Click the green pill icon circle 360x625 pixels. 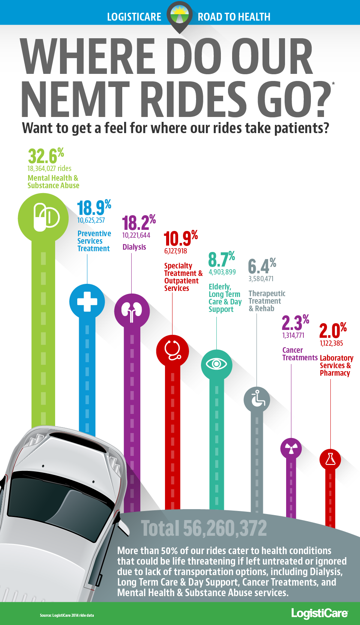(43, 217)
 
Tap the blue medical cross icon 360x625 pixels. (87, 301)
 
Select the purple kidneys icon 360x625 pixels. (132, 311)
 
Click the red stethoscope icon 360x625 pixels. (172, 351)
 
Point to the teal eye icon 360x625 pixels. (216, 364)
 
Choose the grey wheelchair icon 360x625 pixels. (257, 399)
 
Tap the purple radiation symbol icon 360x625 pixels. (291, 448)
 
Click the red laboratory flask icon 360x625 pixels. (330, 459)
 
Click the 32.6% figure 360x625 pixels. (46, 156)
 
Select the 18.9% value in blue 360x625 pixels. (94, 207)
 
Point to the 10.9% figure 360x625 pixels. (181, 238)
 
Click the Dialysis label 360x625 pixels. (134, 247)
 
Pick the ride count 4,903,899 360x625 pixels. (222, 272)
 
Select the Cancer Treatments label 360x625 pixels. (300, 354)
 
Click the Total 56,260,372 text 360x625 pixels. (204, 528)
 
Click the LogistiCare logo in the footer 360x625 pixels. (319, 613)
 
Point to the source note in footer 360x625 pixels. (67, 615)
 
